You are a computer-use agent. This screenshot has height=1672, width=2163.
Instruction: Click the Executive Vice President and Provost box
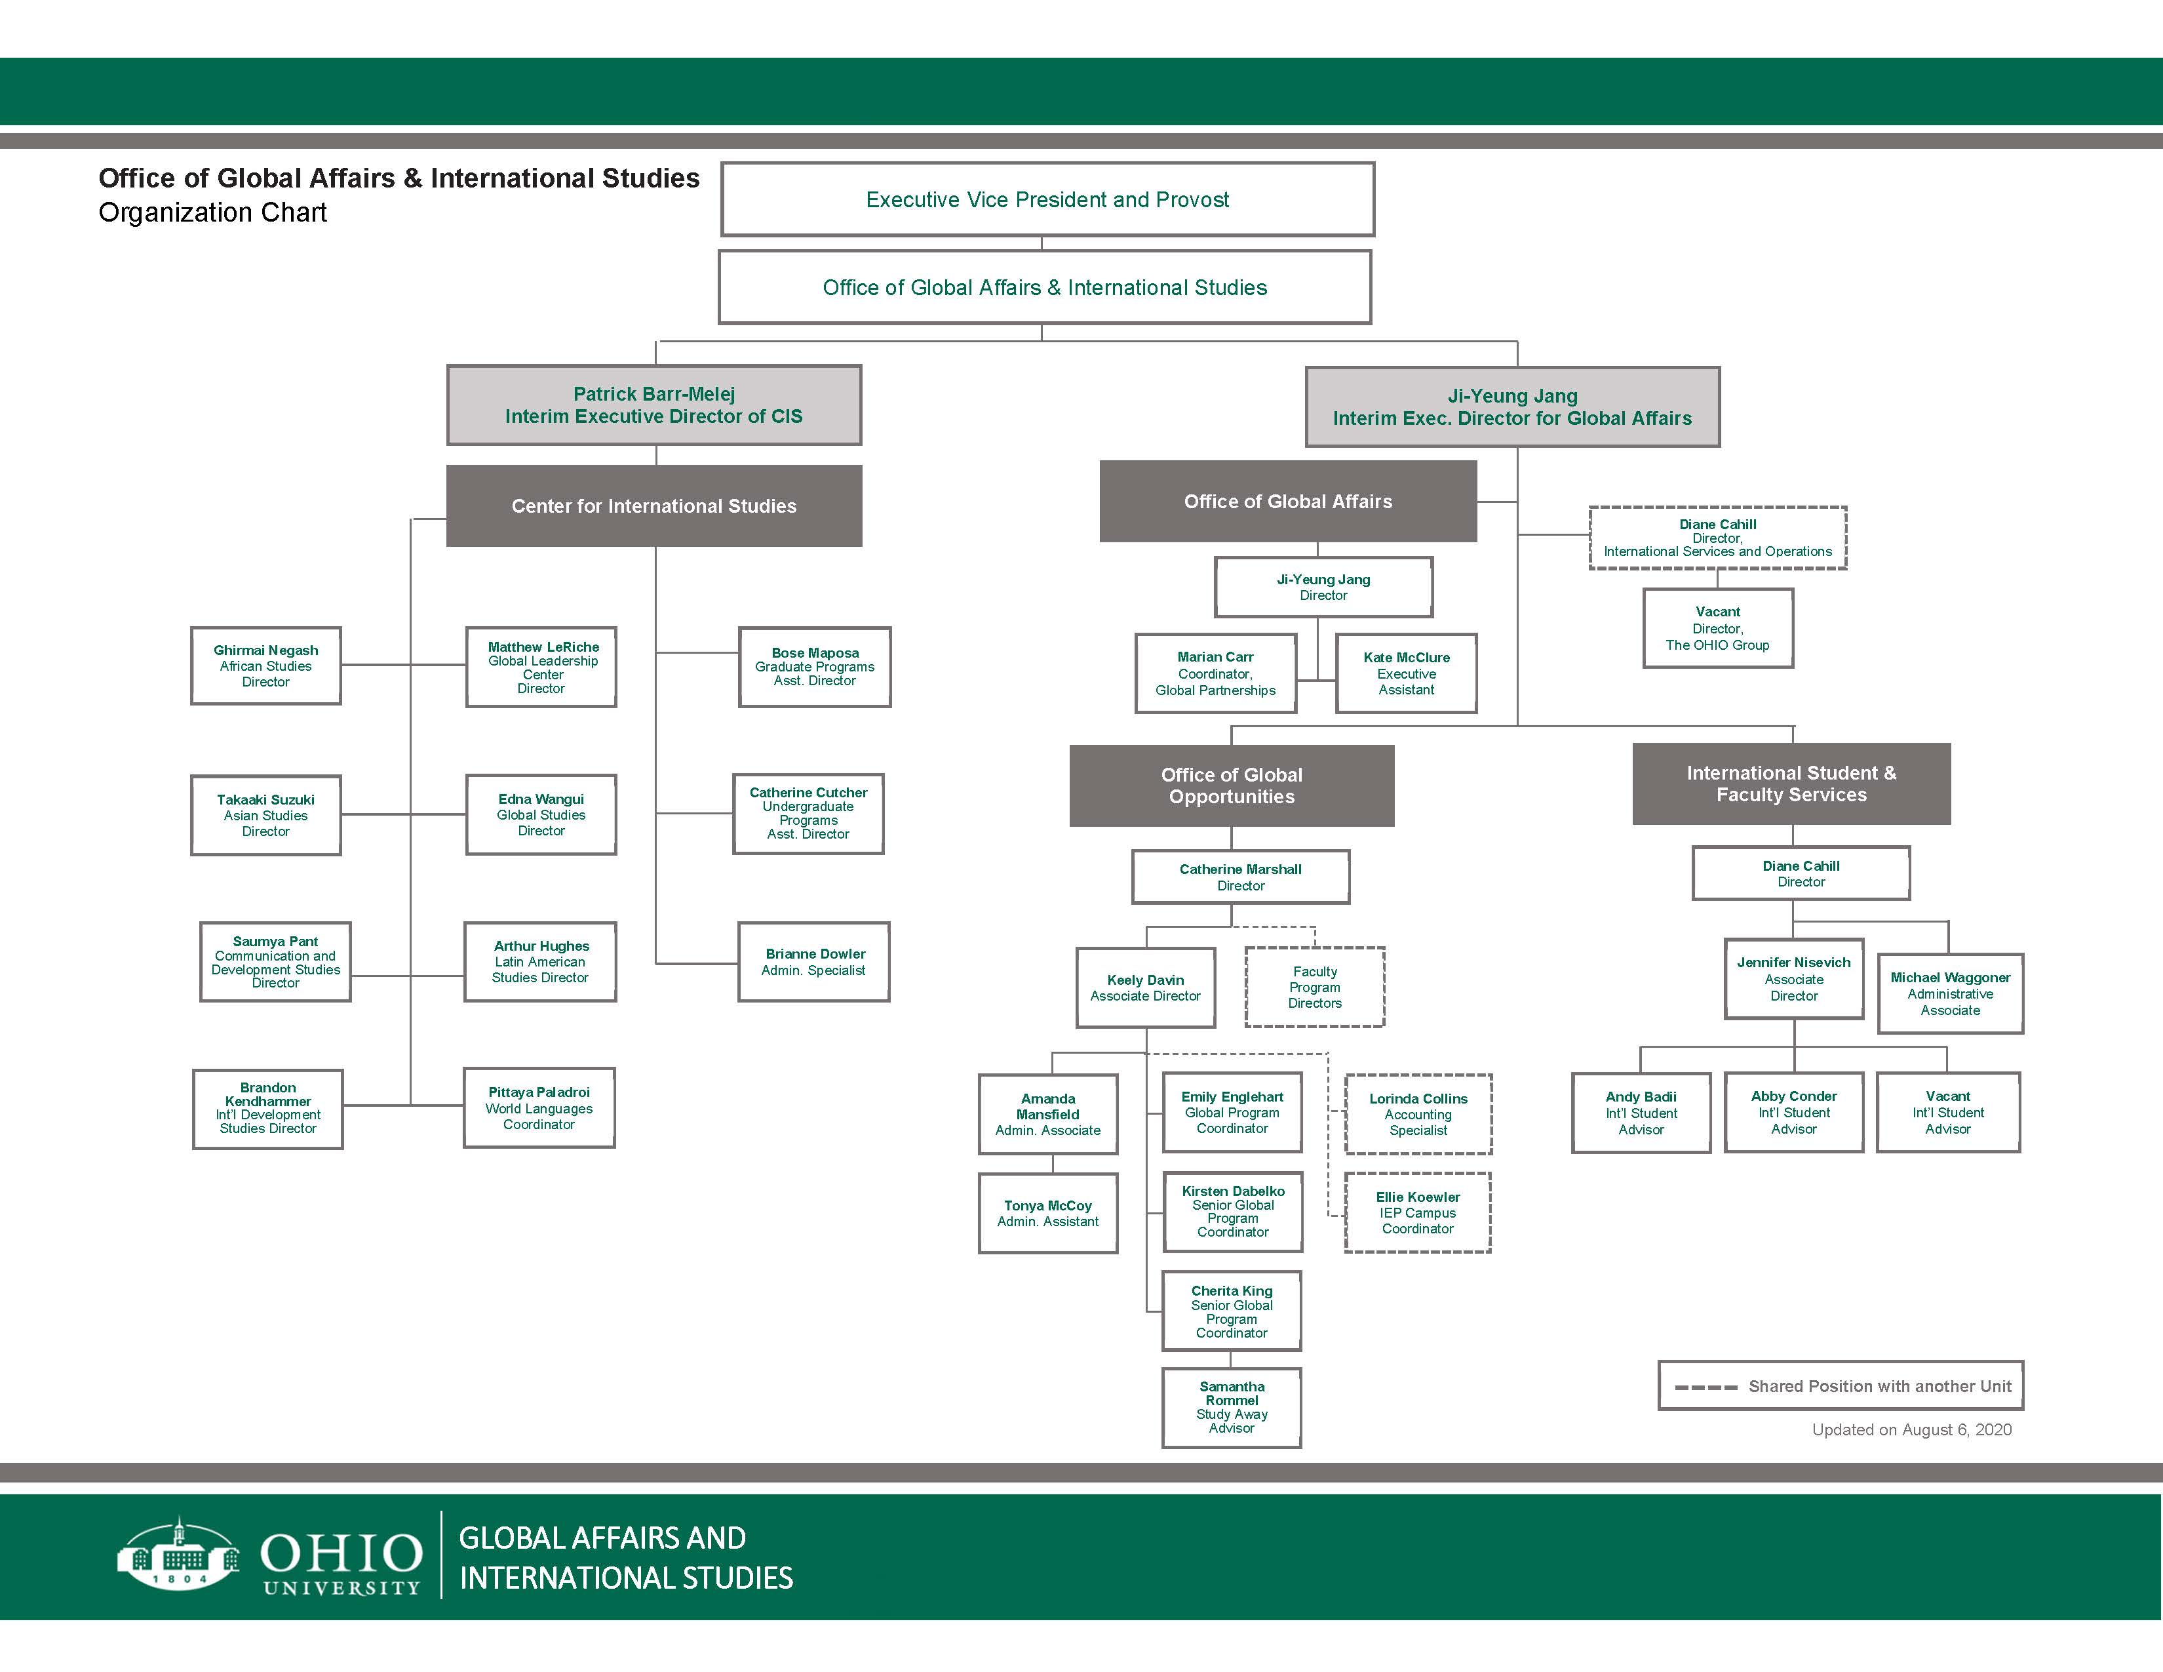point(1047,199)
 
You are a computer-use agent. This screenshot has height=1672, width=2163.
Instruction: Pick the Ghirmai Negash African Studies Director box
point(265,666)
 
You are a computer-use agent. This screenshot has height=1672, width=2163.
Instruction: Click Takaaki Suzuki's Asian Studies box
point(265,815)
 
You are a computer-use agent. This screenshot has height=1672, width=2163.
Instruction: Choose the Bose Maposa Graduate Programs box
point(814,667)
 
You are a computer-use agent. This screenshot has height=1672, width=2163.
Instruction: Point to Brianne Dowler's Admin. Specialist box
point(813,962)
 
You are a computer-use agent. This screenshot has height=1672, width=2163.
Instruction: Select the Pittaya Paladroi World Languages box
point(539,1107)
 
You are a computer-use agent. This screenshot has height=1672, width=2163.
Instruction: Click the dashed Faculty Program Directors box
point(1314,987)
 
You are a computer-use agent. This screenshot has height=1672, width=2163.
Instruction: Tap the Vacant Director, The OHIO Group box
point(1717,628)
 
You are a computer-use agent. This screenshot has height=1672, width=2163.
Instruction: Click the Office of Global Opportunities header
point(1231,786)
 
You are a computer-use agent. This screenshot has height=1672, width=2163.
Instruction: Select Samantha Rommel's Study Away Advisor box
point(1231,1408)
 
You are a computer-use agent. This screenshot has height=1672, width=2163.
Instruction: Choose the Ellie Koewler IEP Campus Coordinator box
point(1417,1212)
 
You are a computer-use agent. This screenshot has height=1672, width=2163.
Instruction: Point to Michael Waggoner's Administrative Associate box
point(1950,993)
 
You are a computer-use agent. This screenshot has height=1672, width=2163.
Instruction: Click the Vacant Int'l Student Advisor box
point(1947,1112)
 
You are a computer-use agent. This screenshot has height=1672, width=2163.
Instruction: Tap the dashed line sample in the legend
point(1705,1387)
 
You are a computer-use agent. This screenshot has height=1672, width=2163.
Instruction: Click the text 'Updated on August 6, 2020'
point(1911,1429)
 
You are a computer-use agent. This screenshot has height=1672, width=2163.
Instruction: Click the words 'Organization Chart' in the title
point(213,213)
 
